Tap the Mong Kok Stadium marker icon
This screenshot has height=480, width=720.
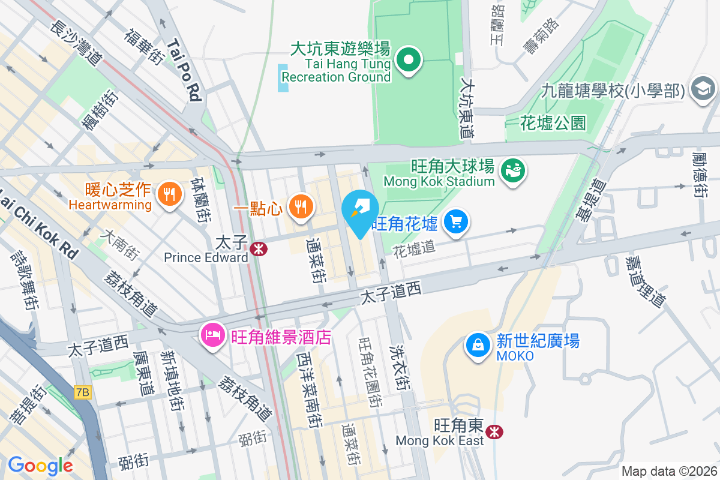pyautogui.click(x=514, y=170)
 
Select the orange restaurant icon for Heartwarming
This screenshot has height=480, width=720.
pyautogui.click(x=169, y=194)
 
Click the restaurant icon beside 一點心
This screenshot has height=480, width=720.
pyautogui.click(x=299, y=206)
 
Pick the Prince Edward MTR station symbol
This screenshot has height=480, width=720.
pyautogui.click(x=259, y=249)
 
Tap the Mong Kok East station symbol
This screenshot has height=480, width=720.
pyautogui.click(x=494, y=431)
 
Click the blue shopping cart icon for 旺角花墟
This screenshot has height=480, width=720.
pyautogui.click(x=456, y=223)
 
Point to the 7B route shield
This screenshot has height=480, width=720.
pyautogui.click(x=83, y=392)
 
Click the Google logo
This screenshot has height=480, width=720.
pyautogui.click(x=40, y=465)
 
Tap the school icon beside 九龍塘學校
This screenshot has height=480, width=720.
pyautogui.click(x=703, y=89)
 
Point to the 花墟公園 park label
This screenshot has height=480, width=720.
pyautogui.click(x=553, y=124)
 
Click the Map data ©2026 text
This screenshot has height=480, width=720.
pyautogui.click(x=668, y=471)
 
